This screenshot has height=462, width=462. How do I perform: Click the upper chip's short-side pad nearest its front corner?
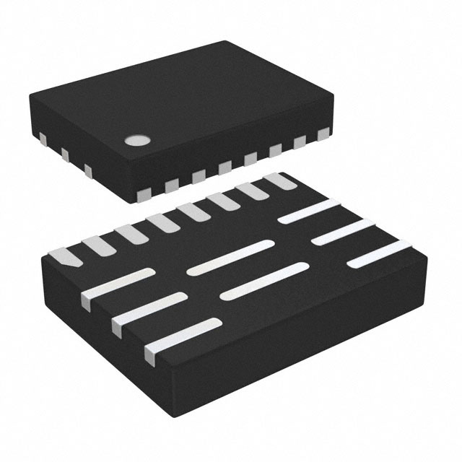pos(89,170)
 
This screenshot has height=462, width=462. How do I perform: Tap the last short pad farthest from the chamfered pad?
pos(276,180)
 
